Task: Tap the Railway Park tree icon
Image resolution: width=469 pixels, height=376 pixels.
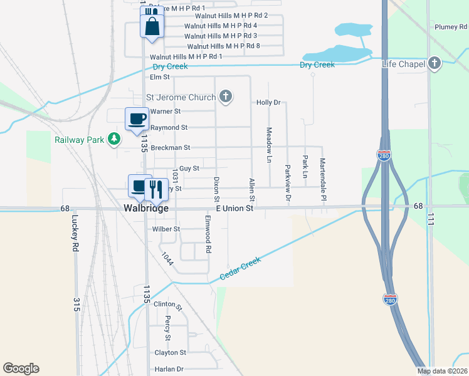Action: tap(114, 138)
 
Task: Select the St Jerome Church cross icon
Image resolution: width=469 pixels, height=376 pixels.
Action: tap(226, 97)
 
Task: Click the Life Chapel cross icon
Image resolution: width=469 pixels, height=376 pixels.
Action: tap(435, 63)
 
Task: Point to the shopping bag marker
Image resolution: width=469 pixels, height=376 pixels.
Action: tap(152, 26)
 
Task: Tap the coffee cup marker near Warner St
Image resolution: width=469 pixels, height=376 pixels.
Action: tap(137, 118)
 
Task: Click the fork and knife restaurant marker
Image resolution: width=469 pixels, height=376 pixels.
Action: tap(155, 187)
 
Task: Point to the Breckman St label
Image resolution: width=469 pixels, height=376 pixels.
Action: tap(170, 148)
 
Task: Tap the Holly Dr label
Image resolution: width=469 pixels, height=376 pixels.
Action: tap(268, 102)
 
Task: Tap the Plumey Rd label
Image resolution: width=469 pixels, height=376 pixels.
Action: tap(451, 27)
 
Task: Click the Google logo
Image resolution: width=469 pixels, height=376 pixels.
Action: tap(21, 368)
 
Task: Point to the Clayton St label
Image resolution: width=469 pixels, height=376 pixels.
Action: tap(171, 353)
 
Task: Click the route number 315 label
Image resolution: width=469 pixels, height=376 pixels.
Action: tap(76, 305)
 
